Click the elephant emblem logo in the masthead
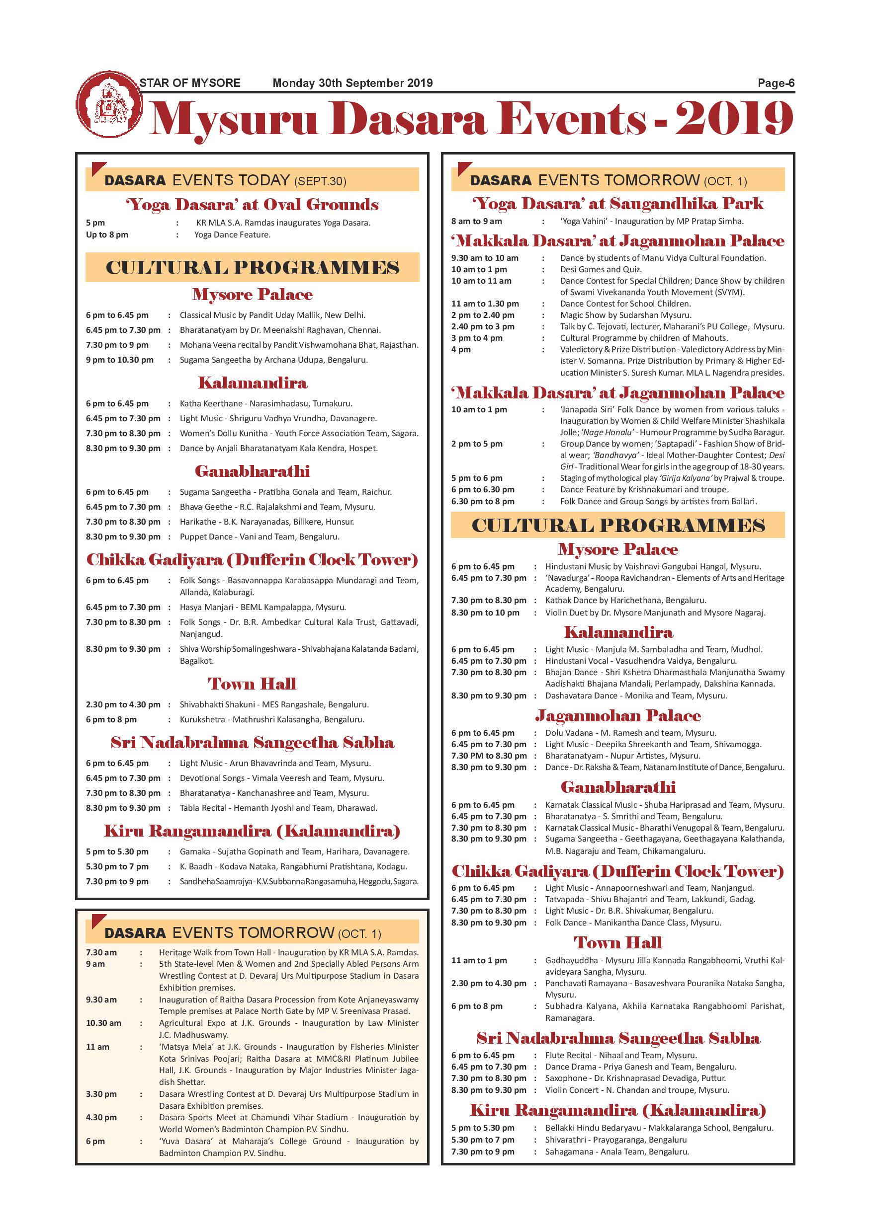pyautogui.click(x=109, y=103)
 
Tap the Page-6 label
pyautogui.click(x=776, y=83)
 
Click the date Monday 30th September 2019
pyautogui.click(x=352, y=83)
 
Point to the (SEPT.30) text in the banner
pyautogui.click(x=320, y=181)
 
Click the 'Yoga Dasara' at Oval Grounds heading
pyautogui.click(x=252, y=205)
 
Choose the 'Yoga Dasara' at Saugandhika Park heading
pyautogui.click(x=617, y=203)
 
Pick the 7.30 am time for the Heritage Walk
pyautogui.click(x=101, y=952)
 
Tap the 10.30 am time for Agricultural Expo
pyautogui.click(x=103, y=1023)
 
